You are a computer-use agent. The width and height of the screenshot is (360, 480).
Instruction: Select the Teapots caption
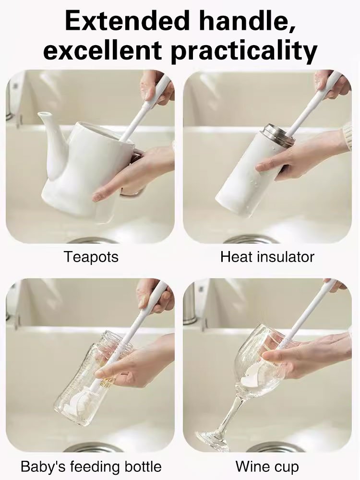(x=91, y=257)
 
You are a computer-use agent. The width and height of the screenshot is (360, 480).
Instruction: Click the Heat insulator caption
(x=267, y=257)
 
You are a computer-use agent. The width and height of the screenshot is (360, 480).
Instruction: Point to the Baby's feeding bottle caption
(x=91, y=466)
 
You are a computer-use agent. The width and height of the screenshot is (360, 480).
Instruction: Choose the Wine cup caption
(x=267, y=466)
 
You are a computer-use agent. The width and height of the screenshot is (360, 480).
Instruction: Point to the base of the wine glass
(x=211, y=439)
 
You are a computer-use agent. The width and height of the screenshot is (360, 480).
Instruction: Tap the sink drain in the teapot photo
(x=91, y=240)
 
